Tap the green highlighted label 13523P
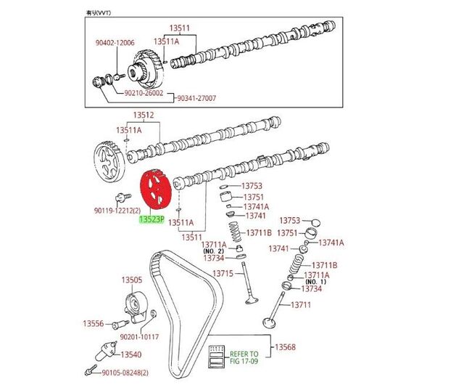[x=152, y=219]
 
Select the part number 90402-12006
[x=115, y=43]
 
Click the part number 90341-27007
[x=196, y=98]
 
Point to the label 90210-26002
[x=144, y=93]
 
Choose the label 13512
[x=144, y=115]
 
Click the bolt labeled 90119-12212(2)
[x=123, y=197]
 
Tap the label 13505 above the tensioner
[x=132, y=280]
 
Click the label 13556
[x=94, y=323]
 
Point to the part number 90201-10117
[x=139, y=337]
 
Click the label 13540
[x=131, y=354]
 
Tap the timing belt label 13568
[x=285, y=347]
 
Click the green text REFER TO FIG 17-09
[x=244, y=358]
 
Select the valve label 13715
[x=223, y=273]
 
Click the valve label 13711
[x=301, y=304]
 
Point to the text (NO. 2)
[x=213, y=251]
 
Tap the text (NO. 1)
[x=315, y=282]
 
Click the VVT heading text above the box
[x=99, y=13]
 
